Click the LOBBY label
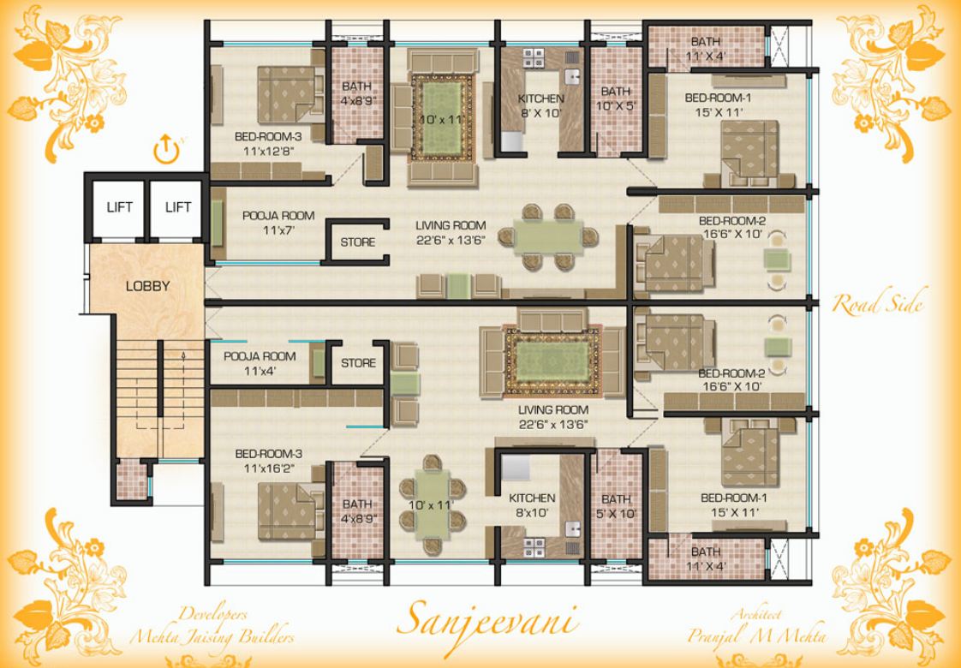[147, 286]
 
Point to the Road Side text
[877, 304]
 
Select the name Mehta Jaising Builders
[212, 637]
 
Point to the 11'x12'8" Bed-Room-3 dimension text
[267, 152]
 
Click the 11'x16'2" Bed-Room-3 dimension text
[267, 468]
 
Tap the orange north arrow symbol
[164, 150]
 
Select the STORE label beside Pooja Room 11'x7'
[357, 242]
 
